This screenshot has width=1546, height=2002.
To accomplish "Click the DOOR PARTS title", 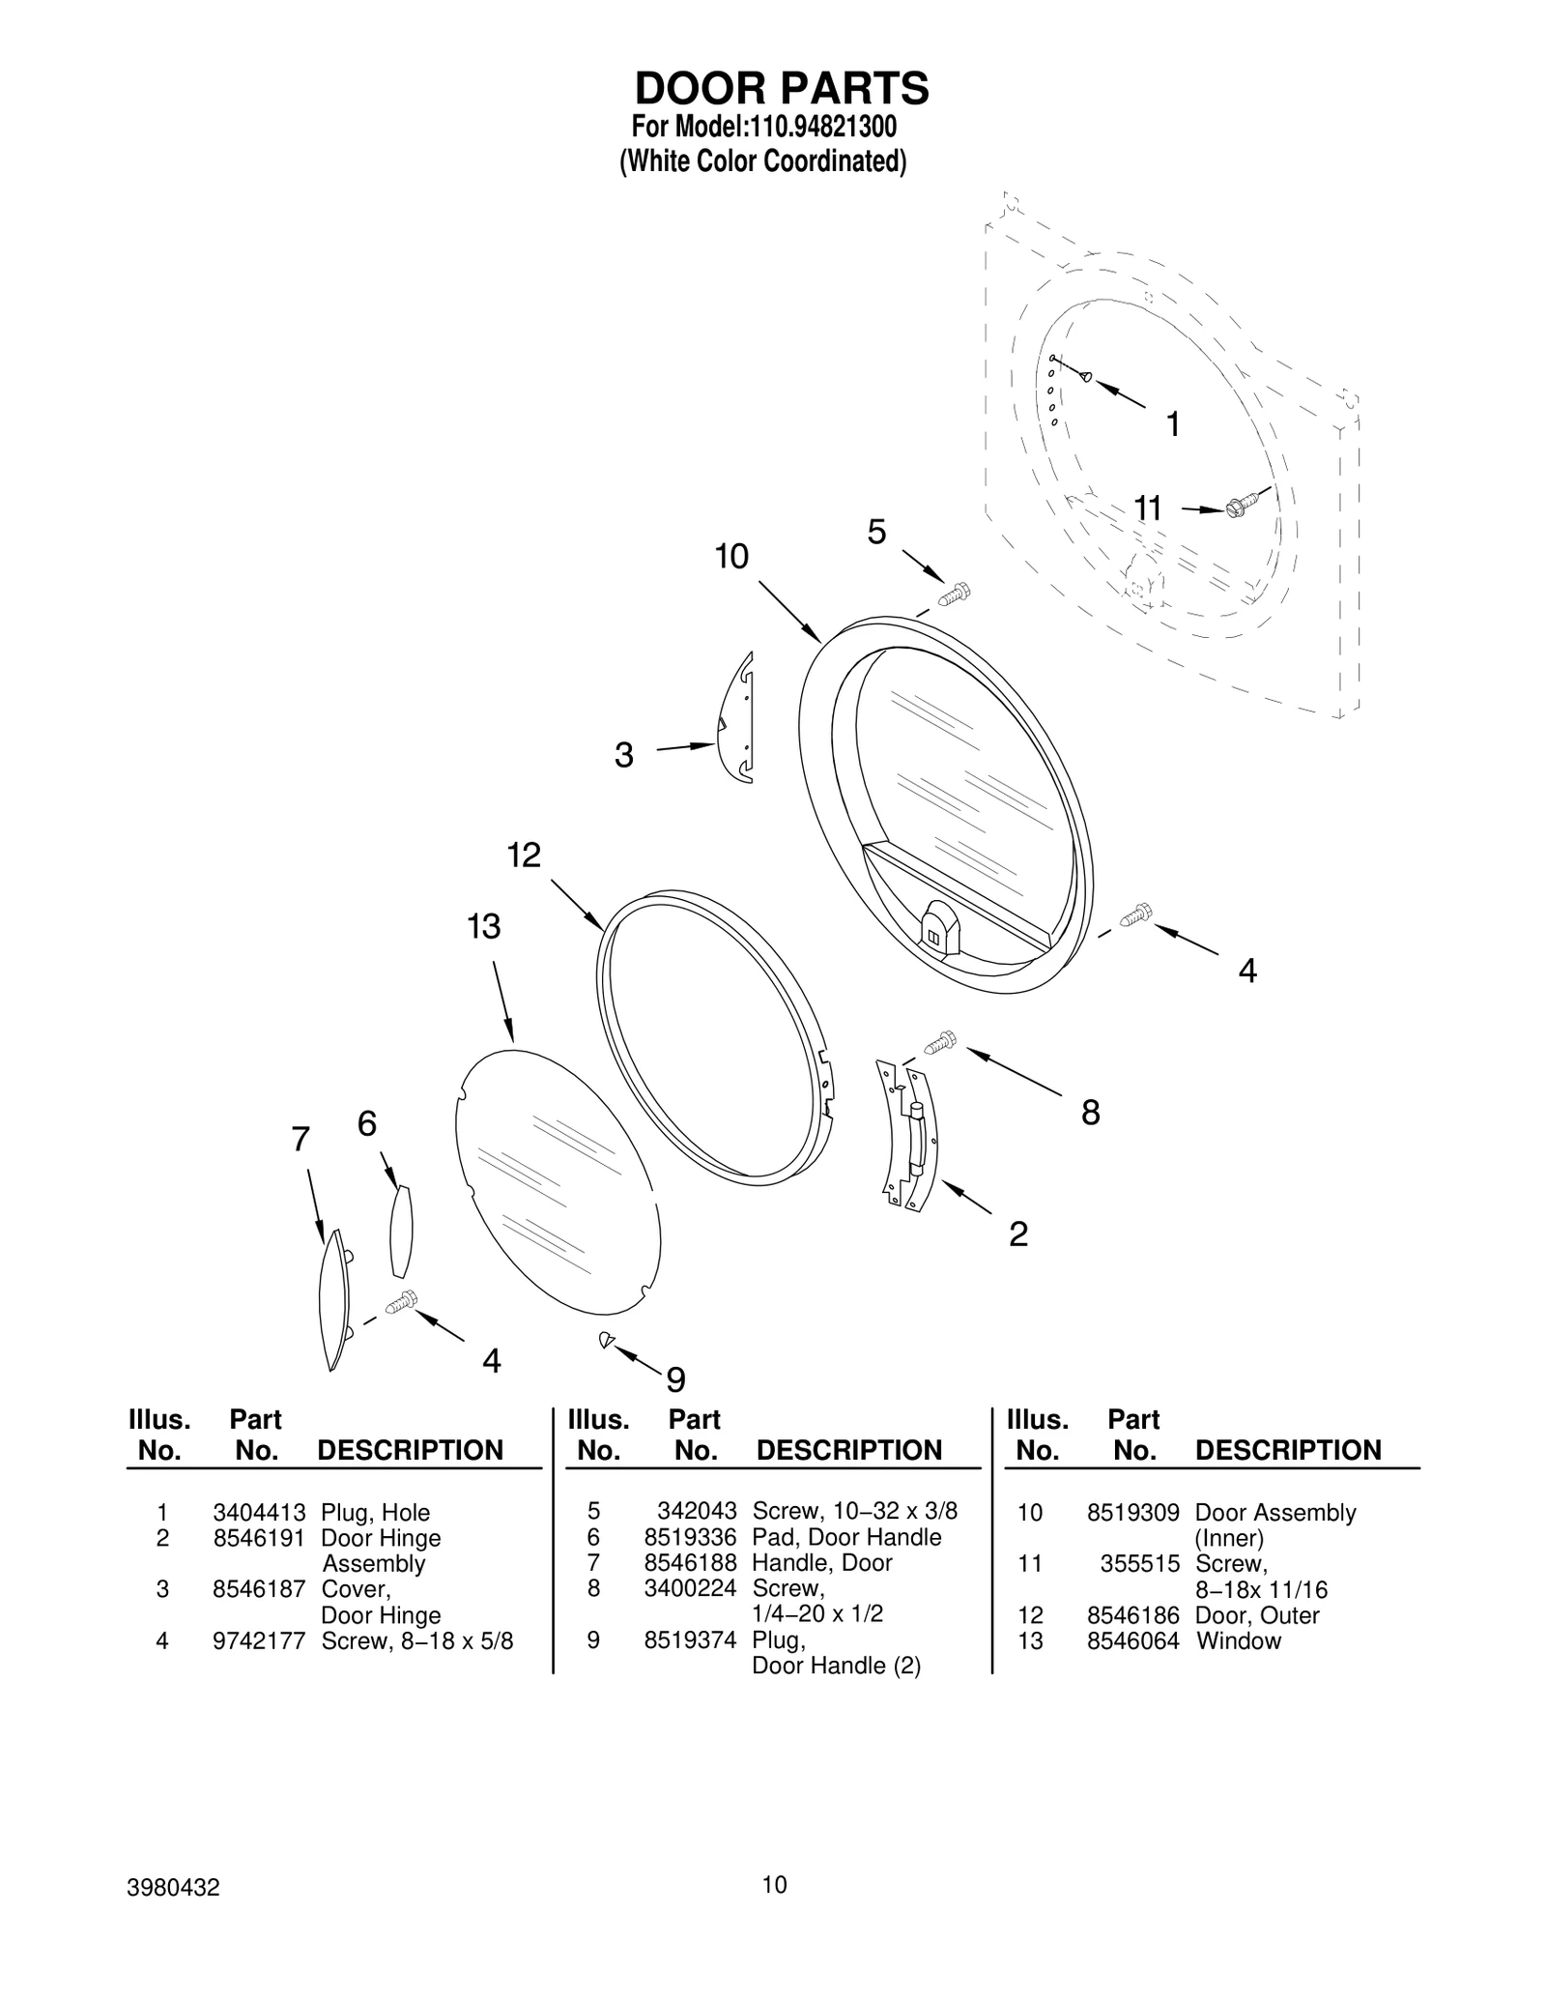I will click(x=781, y=89).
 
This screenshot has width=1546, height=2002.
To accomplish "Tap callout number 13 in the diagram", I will click(x=483, y=927).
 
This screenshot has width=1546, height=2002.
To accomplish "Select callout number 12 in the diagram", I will click(x=524, y=856).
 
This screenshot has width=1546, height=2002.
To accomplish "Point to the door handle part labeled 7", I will click(x=332, y=1298).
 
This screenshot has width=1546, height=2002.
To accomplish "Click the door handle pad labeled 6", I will click(x=401, y=1232).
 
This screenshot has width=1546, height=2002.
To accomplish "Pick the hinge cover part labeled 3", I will click(x=737, y=718).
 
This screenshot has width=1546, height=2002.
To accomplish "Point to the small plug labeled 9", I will click(x=606, y=1339).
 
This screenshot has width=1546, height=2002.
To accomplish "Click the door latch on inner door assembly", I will click(x=938, y=922).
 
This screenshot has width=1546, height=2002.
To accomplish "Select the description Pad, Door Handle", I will click(x=846, y=1537).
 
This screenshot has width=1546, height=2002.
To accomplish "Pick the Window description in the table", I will click(x=1239, y=1640).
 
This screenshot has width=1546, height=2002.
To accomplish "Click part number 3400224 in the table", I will click(x=690, y=1588).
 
